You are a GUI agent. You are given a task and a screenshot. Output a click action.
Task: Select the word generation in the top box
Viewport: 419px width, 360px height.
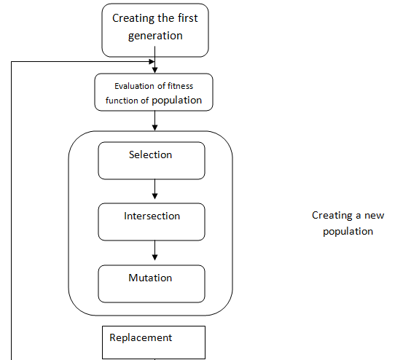(155, 36)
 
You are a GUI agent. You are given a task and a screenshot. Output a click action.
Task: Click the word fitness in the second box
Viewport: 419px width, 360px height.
(180, 86)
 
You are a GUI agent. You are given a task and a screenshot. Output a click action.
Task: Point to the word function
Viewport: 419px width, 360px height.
(122, 101)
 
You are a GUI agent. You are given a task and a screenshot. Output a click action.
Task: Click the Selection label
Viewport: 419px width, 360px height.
(150, 154)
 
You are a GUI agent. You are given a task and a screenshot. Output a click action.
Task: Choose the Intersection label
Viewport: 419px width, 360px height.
(152, 216)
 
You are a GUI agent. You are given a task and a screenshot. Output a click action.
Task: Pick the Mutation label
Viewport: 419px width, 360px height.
(150, 278)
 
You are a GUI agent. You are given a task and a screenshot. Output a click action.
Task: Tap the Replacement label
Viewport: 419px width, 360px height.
(141, 338)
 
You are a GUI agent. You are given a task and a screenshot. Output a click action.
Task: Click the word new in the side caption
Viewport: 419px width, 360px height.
(375, 216)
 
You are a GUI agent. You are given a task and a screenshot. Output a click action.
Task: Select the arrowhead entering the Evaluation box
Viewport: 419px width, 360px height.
(154, 70)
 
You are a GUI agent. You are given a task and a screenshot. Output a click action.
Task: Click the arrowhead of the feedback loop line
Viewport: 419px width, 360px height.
(152, 62)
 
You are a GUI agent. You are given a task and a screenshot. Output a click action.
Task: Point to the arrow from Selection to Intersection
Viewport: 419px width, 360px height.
(154, 189)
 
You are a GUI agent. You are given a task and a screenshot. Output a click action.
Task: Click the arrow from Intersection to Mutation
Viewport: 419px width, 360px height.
(154, 251)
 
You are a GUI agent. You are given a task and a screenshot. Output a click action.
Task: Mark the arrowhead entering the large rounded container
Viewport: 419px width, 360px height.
(154, 128)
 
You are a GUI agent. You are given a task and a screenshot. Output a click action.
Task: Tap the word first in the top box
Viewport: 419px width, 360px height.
(188, 18)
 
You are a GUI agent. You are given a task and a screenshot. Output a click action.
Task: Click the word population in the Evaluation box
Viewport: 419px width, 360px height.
(177, 101)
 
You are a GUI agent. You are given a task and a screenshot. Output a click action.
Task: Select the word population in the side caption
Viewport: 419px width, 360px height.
(348, 232)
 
